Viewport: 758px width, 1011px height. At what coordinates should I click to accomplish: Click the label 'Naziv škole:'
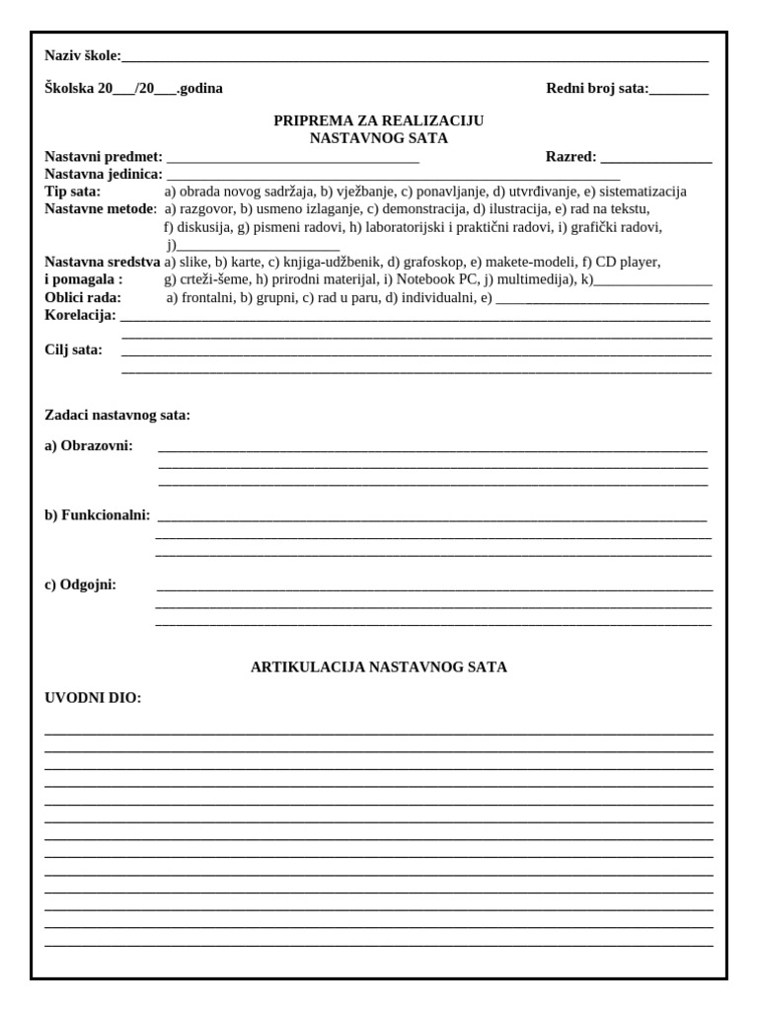click(x=82, y=56)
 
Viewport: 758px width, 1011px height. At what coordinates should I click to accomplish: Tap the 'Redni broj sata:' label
click(x=597, y=88)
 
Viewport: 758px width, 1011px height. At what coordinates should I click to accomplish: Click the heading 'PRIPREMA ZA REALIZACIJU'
click(x=378, y=120)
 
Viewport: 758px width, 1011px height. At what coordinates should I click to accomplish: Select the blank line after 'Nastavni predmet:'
click(x=293, y=157)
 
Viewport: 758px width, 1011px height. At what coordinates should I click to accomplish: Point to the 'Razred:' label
click(x=571, y=156)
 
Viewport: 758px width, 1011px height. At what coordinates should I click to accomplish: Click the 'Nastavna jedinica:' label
click(x=104, y=174)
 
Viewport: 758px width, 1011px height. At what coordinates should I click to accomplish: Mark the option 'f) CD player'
click(x=621, y=262)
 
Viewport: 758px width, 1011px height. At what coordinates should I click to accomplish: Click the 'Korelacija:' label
click(x=80, y=315)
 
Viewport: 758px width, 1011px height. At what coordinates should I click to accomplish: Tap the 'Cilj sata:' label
click(x=73, y=350)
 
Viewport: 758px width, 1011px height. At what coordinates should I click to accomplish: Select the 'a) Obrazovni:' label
click(x=89, y=446)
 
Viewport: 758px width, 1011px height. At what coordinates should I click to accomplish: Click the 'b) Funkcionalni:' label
click(x=98, y=515)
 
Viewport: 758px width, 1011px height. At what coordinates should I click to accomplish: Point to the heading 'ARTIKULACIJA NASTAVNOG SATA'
click(x=379, y=667)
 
